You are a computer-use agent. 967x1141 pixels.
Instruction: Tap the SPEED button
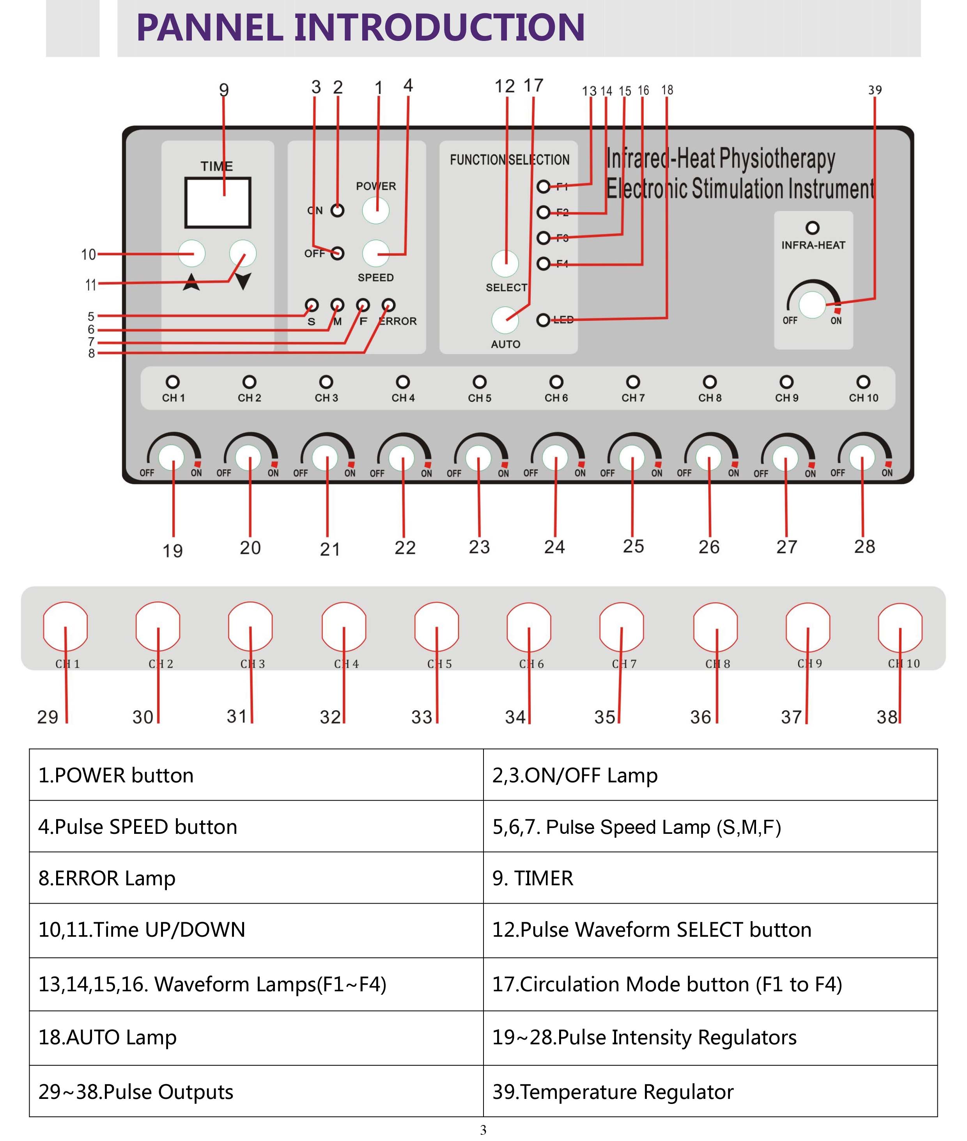coord(375,253)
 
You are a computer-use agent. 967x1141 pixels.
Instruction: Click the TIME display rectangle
coord(218,202)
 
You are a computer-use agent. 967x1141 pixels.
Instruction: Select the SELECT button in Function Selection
coord(505,264)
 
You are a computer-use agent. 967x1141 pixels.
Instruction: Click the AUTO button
coord(505,320)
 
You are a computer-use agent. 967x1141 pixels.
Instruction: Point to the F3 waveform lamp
coord(543,238)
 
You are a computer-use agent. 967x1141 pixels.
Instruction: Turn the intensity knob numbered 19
coord(172,457)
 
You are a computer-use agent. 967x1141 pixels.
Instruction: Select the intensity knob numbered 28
coord(862,457)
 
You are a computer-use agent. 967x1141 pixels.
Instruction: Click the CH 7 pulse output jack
coord(621,626)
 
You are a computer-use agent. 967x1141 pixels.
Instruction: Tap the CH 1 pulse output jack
coord(65,626)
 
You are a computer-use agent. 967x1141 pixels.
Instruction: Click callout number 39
coord(875,90)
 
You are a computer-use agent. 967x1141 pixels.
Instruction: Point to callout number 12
coord(504,86)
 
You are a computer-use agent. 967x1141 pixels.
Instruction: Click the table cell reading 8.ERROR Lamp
coord(256,878)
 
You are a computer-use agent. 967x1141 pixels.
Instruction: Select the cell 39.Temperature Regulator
coord(710,1091)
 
